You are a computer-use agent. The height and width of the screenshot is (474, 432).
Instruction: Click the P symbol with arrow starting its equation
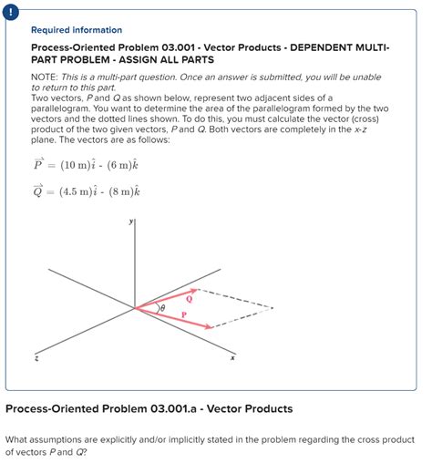38,165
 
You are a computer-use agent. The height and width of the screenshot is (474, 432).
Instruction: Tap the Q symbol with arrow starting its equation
38,192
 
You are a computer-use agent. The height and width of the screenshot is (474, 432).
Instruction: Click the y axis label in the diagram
132,222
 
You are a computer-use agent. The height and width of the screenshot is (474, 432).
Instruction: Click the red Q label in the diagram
189,297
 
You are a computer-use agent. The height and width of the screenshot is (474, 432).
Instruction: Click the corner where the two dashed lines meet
273,307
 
